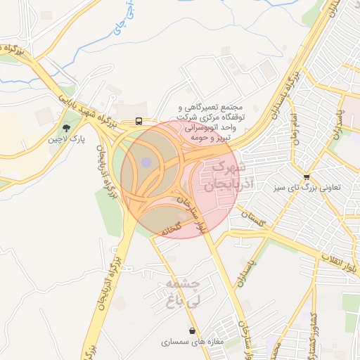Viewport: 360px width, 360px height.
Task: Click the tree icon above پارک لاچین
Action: pos(66,128)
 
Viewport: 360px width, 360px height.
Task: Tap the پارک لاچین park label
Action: pos(66,140)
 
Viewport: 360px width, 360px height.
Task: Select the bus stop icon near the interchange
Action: pos(139,120)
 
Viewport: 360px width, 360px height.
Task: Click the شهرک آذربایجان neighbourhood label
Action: pos(226,176)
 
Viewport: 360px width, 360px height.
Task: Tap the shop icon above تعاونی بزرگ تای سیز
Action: pos(306,176)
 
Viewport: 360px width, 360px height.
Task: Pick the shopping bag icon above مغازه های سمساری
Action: pos(192,330)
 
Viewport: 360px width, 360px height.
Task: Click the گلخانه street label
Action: pos(172,229)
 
